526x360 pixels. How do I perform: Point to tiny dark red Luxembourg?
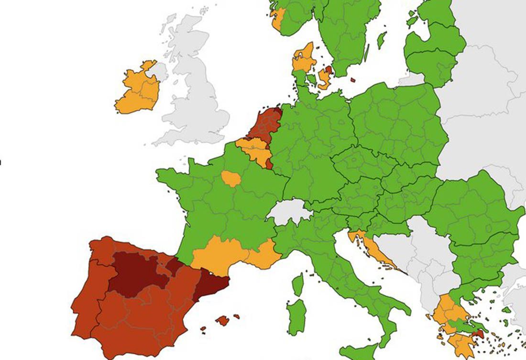269,164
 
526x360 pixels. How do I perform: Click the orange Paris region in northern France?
232,178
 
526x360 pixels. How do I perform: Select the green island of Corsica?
297,284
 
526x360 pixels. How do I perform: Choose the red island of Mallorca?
222,321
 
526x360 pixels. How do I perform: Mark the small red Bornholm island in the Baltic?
353,80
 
